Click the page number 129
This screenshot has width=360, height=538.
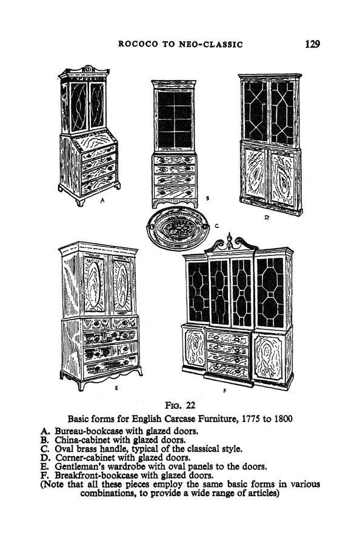point(312,44)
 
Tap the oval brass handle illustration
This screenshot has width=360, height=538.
point(178,228)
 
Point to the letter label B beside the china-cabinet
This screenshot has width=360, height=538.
point(207,198)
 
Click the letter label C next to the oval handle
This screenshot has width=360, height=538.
point(216,226)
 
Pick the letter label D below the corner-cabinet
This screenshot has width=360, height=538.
point(267,217)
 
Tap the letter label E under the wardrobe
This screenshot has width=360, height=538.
point(116,388)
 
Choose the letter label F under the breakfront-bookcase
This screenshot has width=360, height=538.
point(224,391)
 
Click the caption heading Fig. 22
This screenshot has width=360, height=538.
point(180,406)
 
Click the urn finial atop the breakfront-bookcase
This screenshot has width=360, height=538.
point(229,240)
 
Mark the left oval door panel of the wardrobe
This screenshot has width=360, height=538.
point(93,285)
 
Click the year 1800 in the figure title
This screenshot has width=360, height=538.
point(283,419)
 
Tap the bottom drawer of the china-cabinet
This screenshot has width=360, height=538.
point(175,192)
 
